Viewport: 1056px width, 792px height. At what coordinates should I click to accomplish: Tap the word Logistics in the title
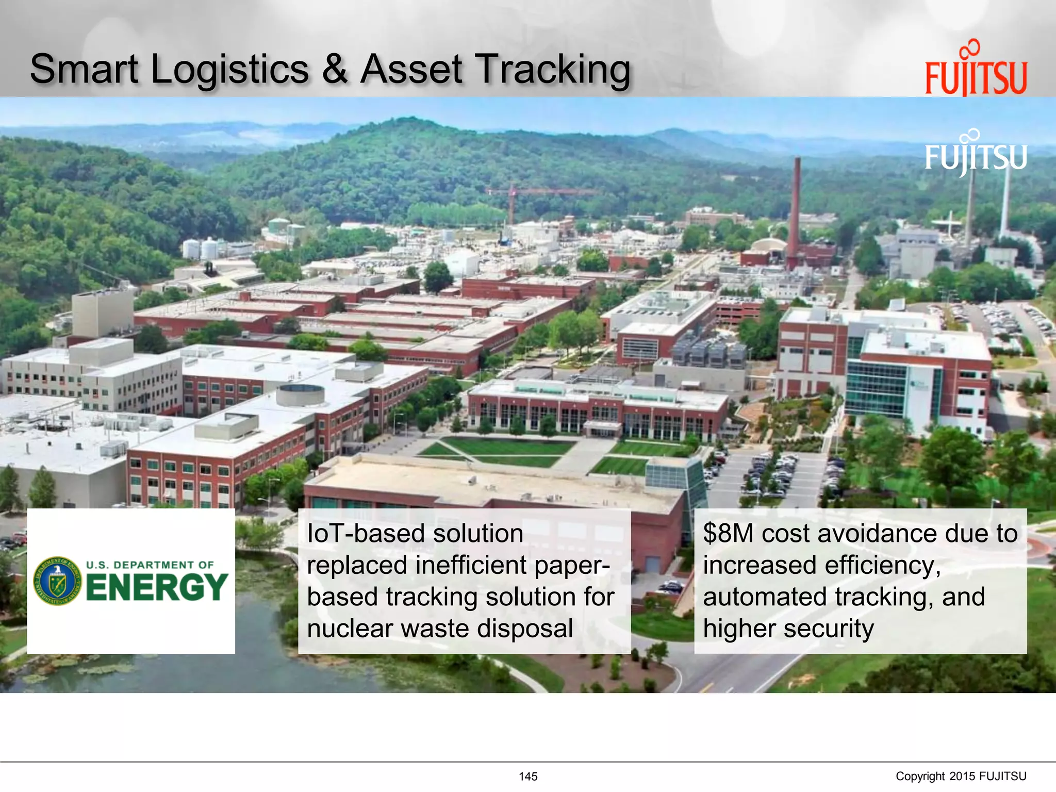[x=230, y=70]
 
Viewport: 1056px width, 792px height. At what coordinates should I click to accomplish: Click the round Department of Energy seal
[x=57, y=581]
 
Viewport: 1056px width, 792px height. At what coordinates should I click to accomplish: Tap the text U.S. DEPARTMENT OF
[x=150, y=565]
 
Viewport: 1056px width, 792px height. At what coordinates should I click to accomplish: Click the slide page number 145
[x=528, y=777]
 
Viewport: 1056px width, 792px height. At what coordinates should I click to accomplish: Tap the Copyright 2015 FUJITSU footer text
[x=961, y=777]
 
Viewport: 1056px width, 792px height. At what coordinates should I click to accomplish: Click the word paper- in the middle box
[x=572, y=565]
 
